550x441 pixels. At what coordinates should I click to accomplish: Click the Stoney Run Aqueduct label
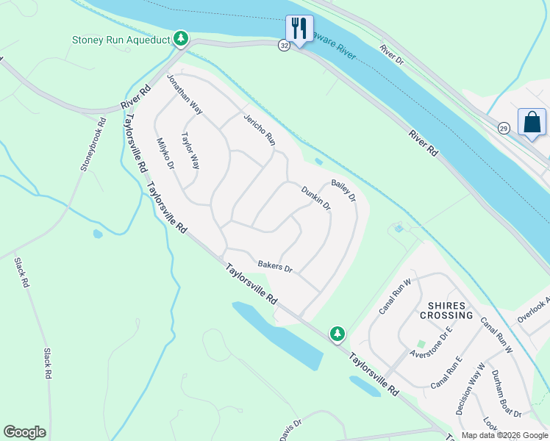pyautogui.click(x=121, y=40)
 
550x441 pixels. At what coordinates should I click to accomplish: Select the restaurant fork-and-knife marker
pyautogui.click(x=299, y=29)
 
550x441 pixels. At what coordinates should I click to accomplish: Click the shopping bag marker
pyautogui.click(x=532, y=122)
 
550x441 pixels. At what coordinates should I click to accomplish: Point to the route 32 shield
pyautogui.click(x=284, y=46)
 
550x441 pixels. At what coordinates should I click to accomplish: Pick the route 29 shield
pyautogui.click(x=504, y=129)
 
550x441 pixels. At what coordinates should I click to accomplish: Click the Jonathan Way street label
pyautogui.click(x=184, y=93)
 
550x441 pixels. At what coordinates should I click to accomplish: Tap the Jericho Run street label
pyautogui.click(x=260, y=128)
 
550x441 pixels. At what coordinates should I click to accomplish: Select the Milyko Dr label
pyautogui.click(x=165, y=154)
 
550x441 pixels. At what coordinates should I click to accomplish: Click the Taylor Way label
pyautogui.click(x=190, y=150)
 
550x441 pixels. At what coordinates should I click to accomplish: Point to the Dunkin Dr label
pyautogui.click(x=316, y=198)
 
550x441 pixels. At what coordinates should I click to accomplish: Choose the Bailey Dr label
pyautogui.click(x=343, y=190)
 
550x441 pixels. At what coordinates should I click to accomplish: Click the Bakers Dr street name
pyautogui.click(x=275, y=266)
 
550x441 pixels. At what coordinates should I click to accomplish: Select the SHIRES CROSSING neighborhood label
pyautogui.click(x=446, y=310)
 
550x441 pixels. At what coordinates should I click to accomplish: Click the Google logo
pyautogui.click(x=24, y=432)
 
